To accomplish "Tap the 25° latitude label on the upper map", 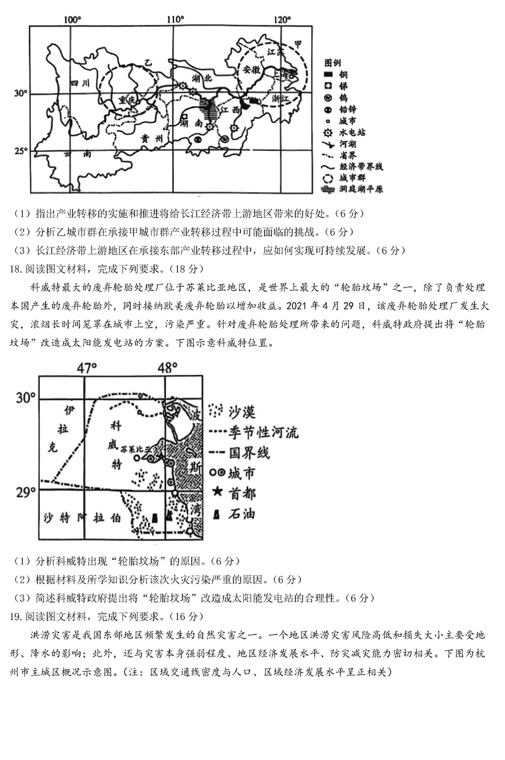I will click(21, 151).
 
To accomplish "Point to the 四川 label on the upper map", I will click(80, 83).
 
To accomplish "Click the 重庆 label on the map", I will click(128, 101).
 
